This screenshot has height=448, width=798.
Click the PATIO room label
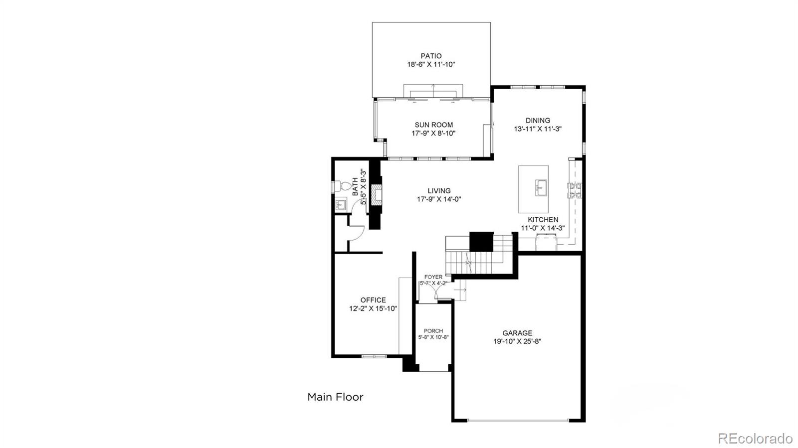[431, 56]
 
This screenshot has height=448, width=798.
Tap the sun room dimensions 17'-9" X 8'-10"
[433, 134]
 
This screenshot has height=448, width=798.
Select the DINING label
[538, 121]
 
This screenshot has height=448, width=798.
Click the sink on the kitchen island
[541, 188]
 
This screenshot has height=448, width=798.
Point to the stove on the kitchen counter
[575, 189]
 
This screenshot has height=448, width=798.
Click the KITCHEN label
[543, 220]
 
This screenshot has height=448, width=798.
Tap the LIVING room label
[439, 191]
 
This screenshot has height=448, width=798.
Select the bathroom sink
[341, 204]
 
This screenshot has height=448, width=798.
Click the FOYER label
[433, 277]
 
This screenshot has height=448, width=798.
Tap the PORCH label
[433, 331]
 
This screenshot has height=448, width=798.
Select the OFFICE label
[373, 300]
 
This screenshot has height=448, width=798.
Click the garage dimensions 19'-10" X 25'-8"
[517, 341]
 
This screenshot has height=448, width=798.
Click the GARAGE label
[517, 333]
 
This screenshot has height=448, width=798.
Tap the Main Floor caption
[335, 397]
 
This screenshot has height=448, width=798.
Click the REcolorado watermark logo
[755, 438]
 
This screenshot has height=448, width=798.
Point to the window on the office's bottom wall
[374, 356]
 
